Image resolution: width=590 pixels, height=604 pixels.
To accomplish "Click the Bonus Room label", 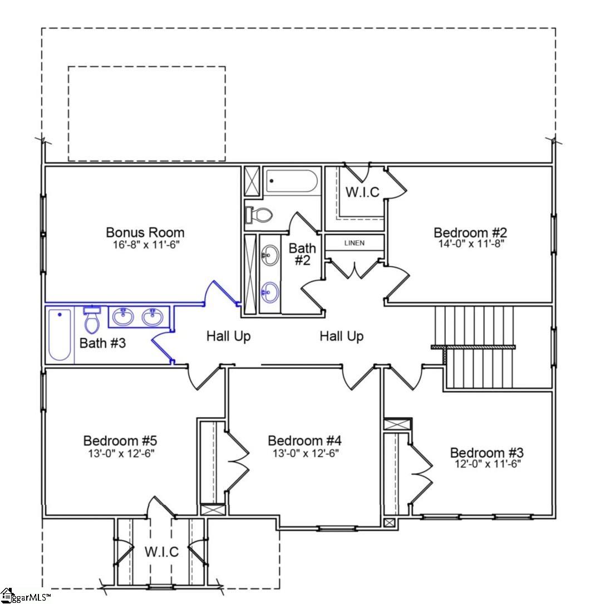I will [145, 232].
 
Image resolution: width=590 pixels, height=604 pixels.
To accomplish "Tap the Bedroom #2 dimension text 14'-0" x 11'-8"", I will [470, 243].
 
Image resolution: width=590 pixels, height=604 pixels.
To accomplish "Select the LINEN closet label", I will [355, 243].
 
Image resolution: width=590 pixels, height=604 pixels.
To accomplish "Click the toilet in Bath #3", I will [91, 320].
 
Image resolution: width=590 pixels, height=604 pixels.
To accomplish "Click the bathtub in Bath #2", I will [292, 181].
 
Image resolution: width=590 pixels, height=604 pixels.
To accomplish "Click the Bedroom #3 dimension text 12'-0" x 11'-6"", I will [486, 464].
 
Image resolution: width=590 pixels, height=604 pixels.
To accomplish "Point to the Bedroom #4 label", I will [303, 441].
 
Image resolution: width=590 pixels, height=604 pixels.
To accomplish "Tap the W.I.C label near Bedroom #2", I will [362, 192].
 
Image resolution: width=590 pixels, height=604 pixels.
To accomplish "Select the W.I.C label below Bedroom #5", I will [162, 552].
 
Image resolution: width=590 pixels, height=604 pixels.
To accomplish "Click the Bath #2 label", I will [302, 254].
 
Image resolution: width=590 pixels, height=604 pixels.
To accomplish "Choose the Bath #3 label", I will [102, 343].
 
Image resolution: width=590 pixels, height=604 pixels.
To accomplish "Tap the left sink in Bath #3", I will [122, 318].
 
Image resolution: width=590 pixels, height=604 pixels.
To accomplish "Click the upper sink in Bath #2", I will [270, 257].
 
